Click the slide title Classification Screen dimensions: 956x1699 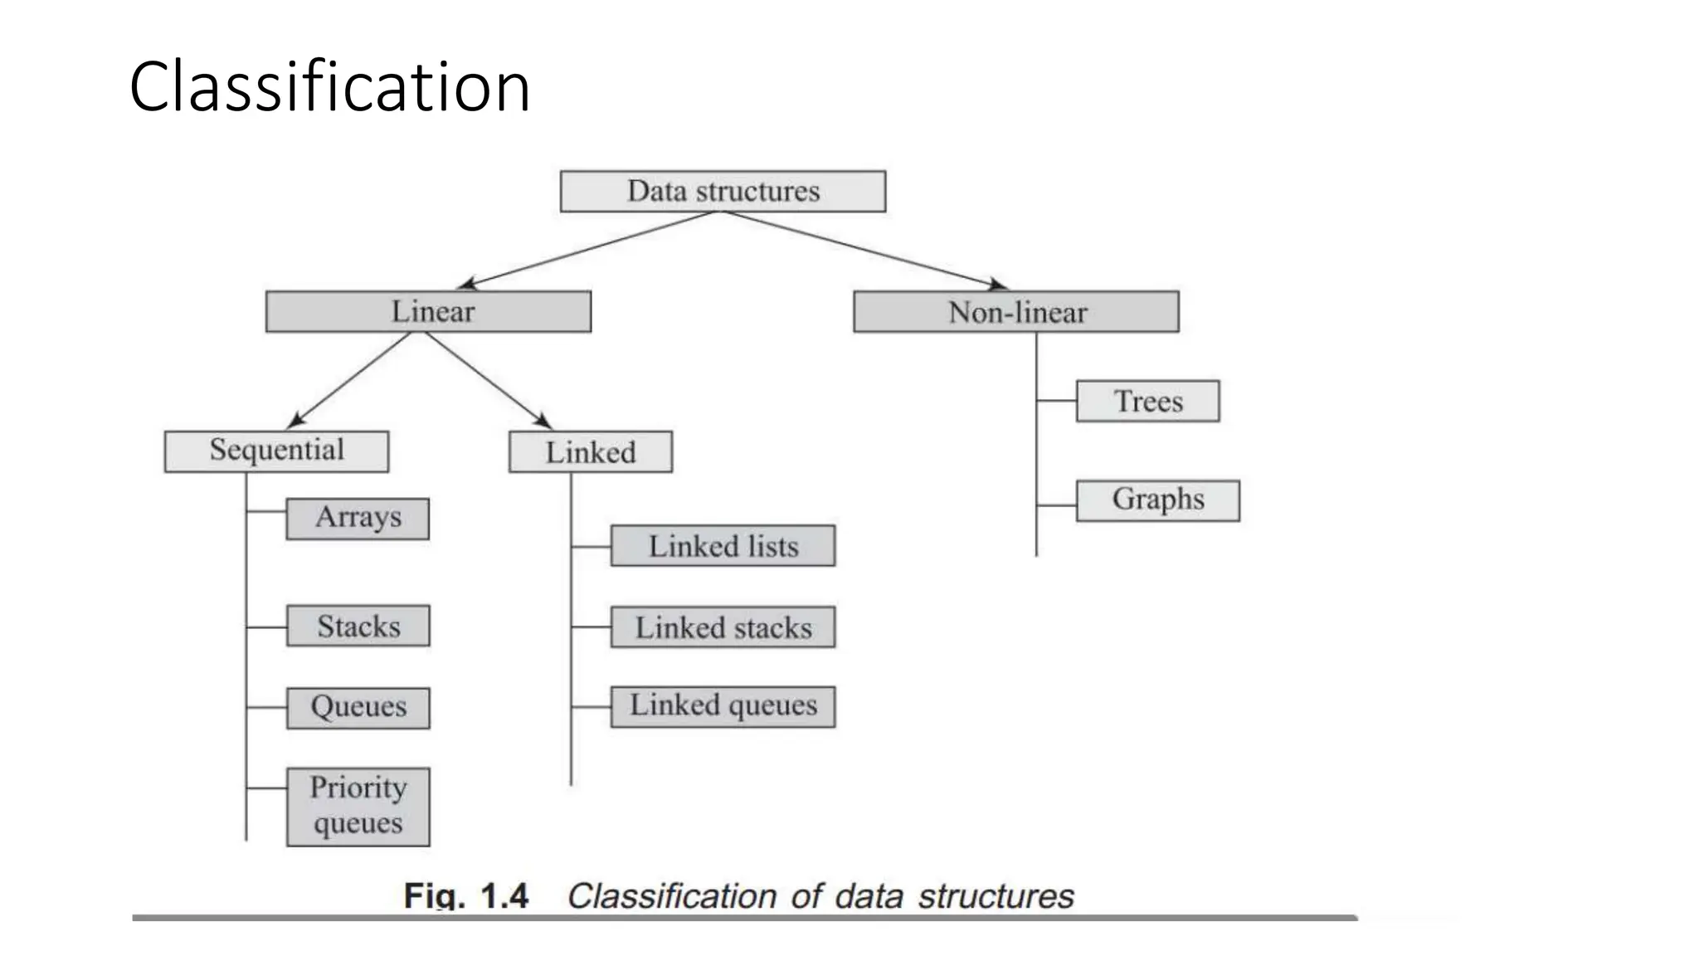(x=329, y=87)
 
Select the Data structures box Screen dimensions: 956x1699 (x=723, y=192)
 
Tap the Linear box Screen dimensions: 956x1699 (x=428, y=312)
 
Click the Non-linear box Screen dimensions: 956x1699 (x=1015, y=312)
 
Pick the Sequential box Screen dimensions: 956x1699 (x=276, y=451)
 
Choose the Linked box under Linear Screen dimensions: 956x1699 (x=590, y=452)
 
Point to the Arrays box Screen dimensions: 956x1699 (x=358, y=519)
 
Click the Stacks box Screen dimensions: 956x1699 (x=358, y=626)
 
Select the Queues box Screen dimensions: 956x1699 (x=358, y=708)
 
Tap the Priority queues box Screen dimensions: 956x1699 (x=358, y=807)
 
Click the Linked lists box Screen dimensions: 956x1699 (x=723, y=546)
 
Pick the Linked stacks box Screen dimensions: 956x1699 (x=723, y=627)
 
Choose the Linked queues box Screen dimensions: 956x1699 (x=723, y=706)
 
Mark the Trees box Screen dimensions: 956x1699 (x=1147, y=402)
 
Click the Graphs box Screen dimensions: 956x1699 (x=1157, y=500)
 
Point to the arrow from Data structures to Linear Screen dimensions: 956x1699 (x=589, y=250)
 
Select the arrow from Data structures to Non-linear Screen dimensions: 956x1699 (x=863, y=250)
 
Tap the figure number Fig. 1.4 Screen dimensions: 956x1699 (x=465, y=896)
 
